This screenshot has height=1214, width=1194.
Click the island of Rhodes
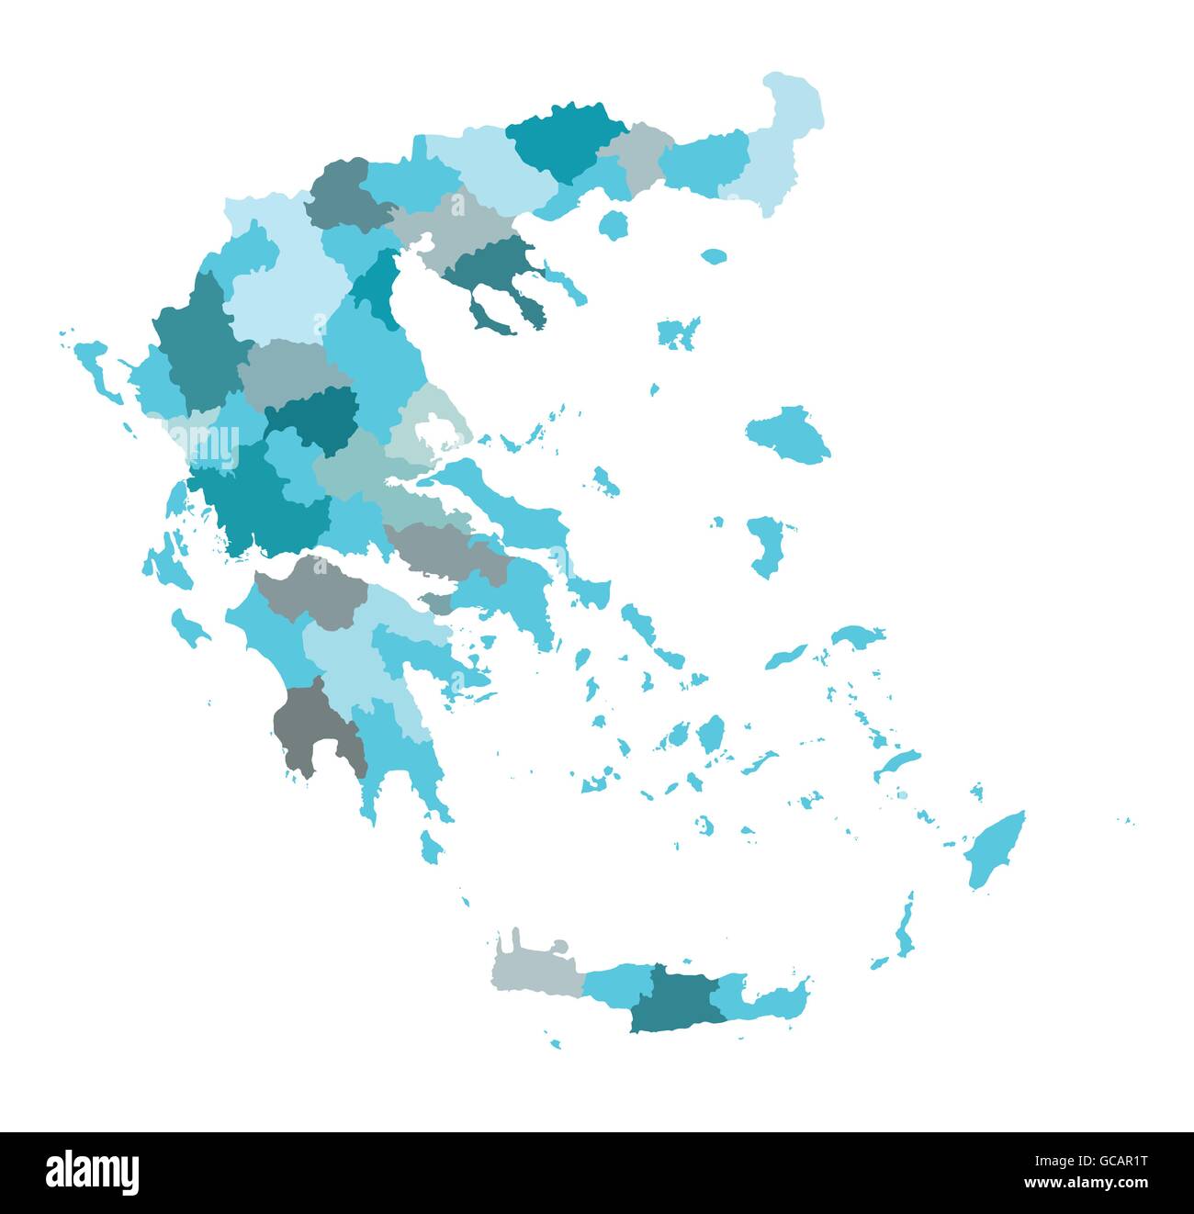[995, 849]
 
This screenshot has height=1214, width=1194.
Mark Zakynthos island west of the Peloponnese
[190, 628]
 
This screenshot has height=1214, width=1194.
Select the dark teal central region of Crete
[674, 999]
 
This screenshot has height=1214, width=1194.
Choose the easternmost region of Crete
[767, 997]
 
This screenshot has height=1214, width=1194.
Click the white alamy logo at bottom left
[93, 1172]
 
